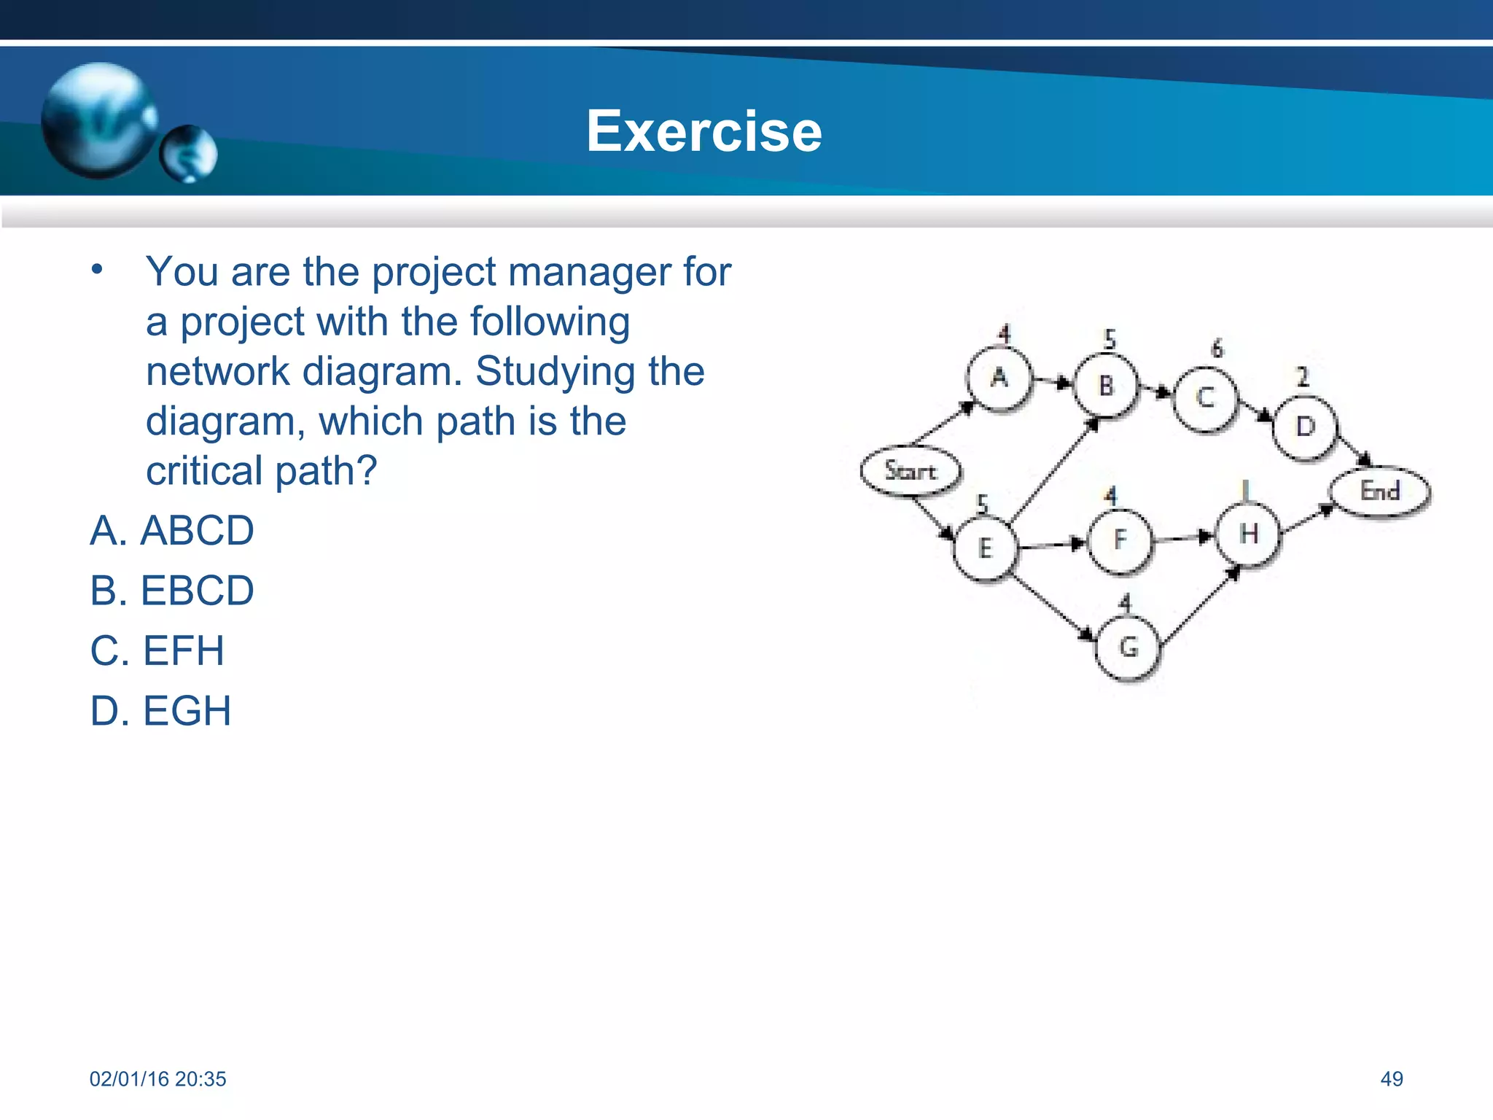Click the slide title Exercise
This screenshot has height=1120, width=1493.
click(703, 131)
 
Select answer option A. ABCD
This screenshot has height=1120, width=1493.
click(172, 530)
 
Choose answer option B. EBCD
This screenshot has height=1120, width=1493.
click(172, 590)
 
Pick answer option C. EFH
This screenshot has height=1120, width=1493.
click(157, 650)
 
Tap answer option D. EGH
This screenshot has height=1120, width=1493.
click(160, 711)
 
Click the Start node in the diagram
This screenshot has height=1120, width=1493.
click(910, 470)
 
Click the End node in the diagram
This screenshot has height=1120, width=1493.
click(1380, 491)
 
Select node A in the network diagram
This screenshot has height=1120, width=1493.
click(999, 378)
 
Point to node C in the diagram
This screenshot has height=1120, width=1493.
click(1205, 399)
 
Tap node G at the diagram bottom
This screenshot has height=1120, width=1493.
click(1128, 647)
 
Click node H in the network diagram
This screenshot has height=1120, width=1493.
click(1249, 534)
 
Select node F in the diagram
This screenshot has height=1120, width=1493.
click(1120, 540)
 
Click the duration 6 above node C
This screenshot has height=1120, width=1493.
click(1217, 349)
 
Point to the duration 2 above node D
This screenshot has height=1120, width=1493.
click(1303, 376)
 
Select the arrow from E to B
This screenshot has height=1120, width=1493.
click(1053, 472)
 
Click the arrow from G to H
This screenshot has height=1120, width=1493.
click(1199, 606)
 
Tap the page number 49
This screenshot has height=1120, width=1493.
click(1391, 1078)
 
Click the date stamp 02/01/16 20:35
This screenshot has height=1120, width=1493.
click(157, 1078)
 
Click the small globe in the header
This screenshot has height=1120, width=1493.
click(188, 153)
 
